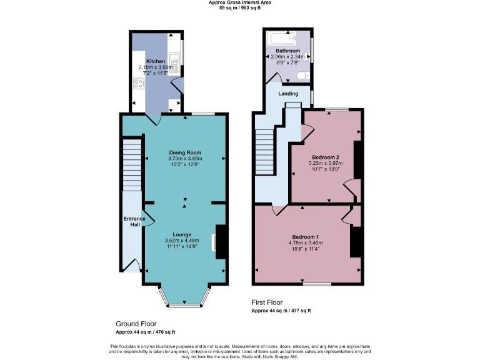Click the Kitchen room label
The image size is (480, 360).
pos(156,61)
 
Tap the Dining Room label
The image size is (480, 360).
pos(185,152)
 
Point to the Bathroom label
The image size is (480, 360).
pos(288,51)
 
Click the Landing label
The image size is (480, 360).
pos(288,94)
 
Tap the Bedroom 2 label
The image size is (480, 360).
pos(325,157)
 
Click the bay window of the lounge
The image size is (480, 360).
pos(185,297)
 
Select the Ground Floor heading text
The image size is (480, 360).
pos(136,324)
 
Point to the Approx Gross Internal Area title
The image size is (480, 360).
pos(240,2)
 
